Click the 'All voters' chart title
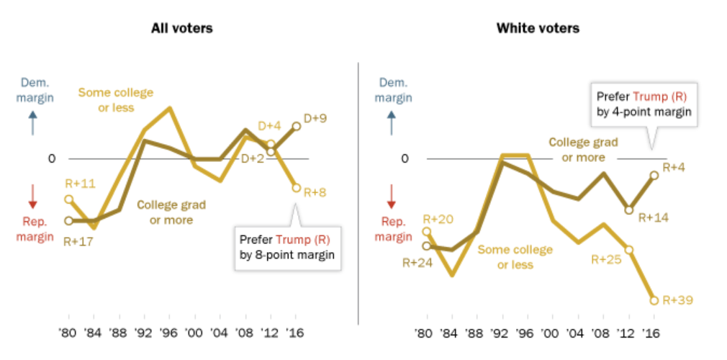click(181, 29)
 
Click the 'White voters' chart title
click(538, 29)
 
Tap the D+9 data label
click(315, 117)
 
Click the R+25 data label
click(606, 258)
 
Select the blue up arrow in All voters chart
click(32, 125)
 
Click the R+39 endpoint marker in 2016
click(654, 300)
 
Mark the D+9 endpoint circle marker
click(296, 126)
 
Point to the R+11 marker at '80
click(69, 199)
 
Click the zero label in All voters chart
click(50, 158)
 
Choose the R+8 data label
click(315, 192)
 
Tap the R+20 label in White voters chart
click(437, 219)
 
